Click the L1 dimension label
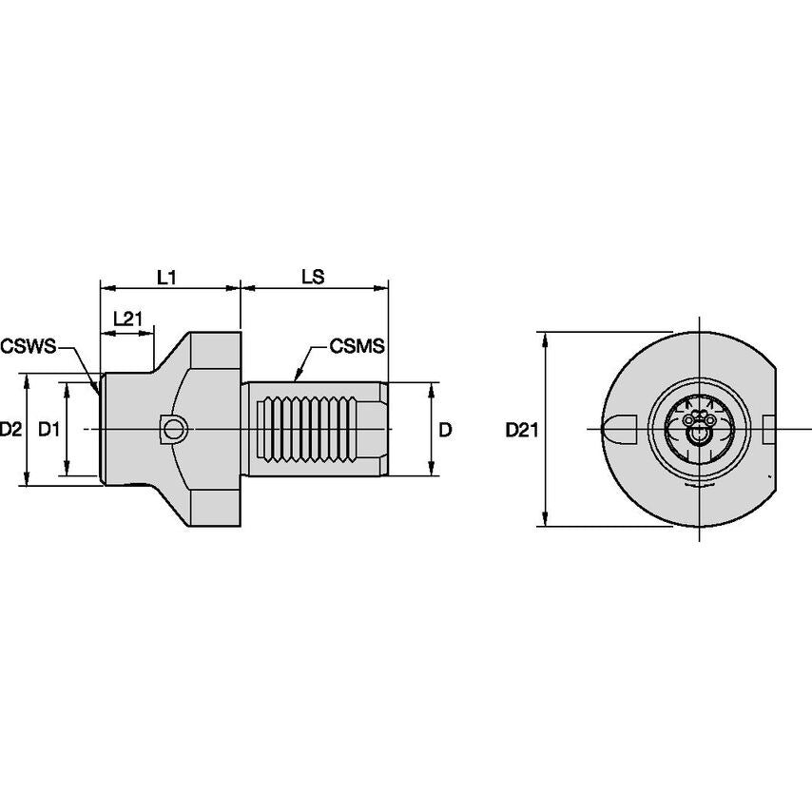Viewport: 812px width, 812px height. [x=166, y=277]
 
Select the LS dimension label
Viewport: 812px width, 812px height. [x=313, y=277]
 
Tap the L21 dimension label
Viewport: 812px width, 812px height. [x=127, y=319]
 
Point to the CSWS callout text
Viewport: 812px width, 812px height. [x=28, y=344]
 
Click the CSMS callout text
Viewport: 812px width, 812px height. [x=357, y=346]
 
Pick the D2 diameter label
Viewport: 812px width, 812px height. [x=11, y=429]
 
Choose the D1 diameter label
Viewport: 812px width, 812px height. [x=48, y=429]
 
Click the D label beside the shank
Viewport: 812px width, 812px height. [x=443, y=430]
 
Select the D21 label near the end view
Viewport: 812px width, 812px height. [x=522, y=430]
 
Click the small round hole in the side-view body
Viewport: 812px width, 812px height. [x=173, y=430]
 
